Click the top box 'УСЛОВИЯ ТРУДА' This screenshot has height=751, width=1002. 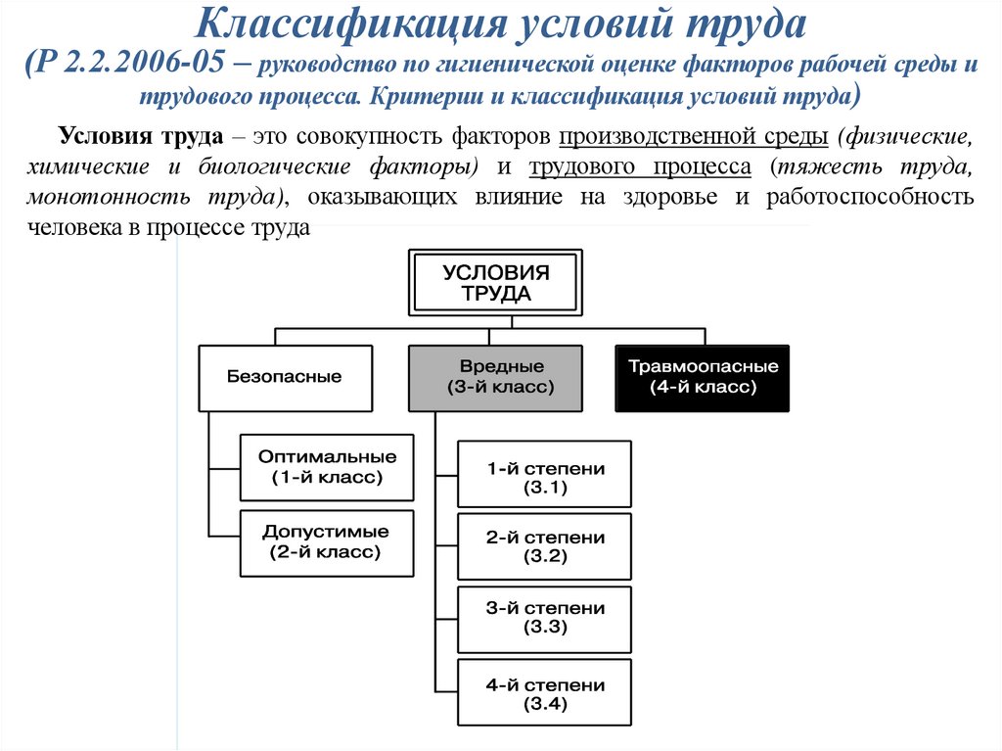[495, 283]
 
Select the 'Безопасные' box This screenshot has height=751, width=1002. [285, 377]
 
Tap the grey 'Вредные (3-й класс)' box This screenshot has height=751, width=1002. [495, 377]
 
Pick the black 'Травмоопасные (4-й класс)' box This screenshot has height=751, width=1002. [703, 377]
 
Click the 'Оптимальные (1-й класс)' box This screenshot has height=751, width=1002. [327, 467]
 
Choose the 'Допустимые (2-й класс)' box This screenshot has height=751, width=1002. [327, 541]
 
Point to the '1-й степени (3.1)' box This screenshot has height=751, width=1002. [545, 477]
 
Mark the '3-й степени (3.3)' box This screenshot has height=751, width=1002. [545, 618]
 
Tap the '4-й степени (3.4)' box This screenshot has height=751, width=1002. [545, 694]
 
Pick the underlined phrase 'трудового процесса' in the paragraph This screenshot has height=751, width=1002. [640, 166]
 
